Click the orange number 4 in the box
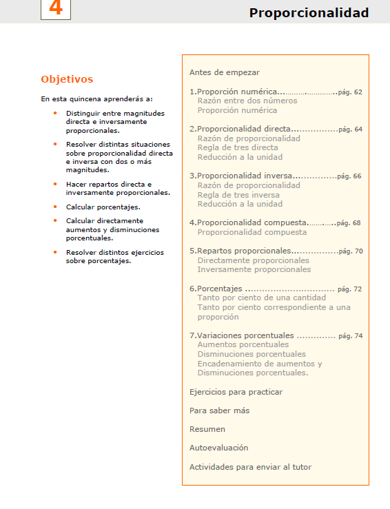pyautogui.click(x=56, y=9)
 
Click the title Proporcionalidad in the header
pyautogui.click(x=309, y=13)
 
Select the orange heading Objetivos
pyautogui.click(x=67, y=79)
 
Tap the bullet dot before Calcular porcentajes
pyautogui.click(x=54, y=207)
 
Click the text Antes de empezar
pyautogui.click(x=225, y=72)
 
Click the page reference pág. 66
pyautogui.click(x=349, y=176)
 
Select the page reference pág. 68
pyautogui.click(x=349, y=223)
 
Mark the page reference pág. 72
pyautogui.click(x=349, y=289)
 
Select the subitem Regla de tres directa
pyautogui.click(x=238, y=147)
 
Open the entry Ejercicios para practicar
pyautogui.click(x=236, y=392)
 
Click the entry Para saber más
pyautogui.click(x=219, y=411)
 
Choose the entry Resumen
pyautogui.click(x=207, y=429)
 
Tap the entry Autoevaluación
pyautogui.click(x=218, y=448)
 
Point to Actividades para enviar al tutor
pyautogui.click(x=250, y=467)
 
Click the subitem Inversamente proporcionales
pyautogui.click(x=254, y=269)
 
